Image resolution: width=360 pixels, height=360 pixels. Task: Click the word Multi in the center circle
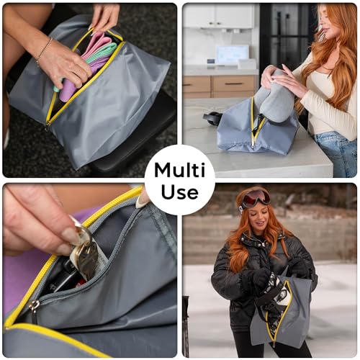pyautogui.click(x=180, y=170)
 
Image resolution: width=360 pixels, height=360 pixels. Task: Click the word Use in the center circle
pyautogui.click(x=180, y=192)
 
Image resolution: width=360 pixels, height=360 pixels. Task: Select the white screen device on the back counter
pyautogui.click(x=232, y=54)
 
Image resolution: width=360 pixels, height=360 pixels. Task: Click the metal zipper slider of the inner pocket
pyautogui.click(x=34, y=306)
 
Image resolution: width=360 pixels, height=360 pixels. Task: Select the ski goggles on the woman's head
pyautogui.click(x=256, y=198)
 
